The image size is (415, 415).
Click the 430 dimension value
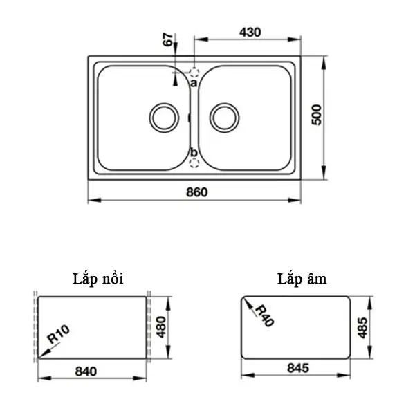coord(250,33)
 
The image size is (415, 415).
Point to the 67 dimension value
coord(168,39)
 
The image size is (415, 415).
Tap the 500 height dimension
coord(317,115)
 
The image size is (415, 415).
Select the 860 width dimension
coord(197,192)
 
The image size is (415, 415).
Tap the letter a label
coord(194,84)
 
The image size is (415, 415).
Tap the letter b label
coord(194,152)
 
